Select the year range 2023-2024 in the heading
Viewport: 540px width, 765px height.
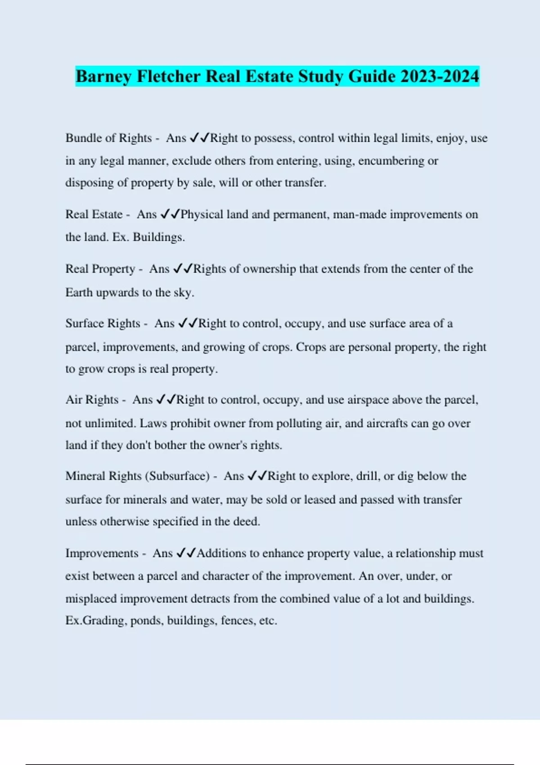(x=440, y=76)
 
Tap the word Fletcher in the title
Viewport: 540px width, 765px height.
(x=168, y=76)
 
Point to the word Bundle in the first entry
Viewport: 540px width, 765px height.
(x=83, y=138)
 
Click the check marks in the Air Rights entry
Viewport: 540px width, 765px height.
(x=165, y=400)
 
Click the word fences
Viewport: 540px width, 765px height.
(x=237, y=621)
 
